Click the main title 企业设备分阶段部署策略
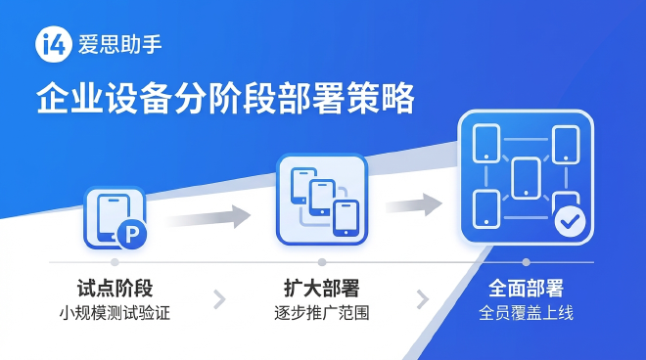(225, 100)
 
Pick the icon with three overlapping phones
(321, 199)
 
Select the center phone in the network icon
(526, 177)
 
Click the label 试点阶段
(115, 289)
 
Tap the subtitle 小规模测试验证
(115, 314)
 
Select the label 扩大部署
(321, 289)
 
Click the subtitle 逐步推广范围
(321, 314)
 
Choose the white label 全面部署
(526, 289)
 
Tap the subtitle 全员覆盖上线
(526, 314)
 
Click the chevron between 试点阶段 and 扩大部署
(219, 298)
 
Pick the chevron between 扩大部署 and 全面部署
(423, 298)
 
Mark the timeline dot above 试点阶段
(115, 262)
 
